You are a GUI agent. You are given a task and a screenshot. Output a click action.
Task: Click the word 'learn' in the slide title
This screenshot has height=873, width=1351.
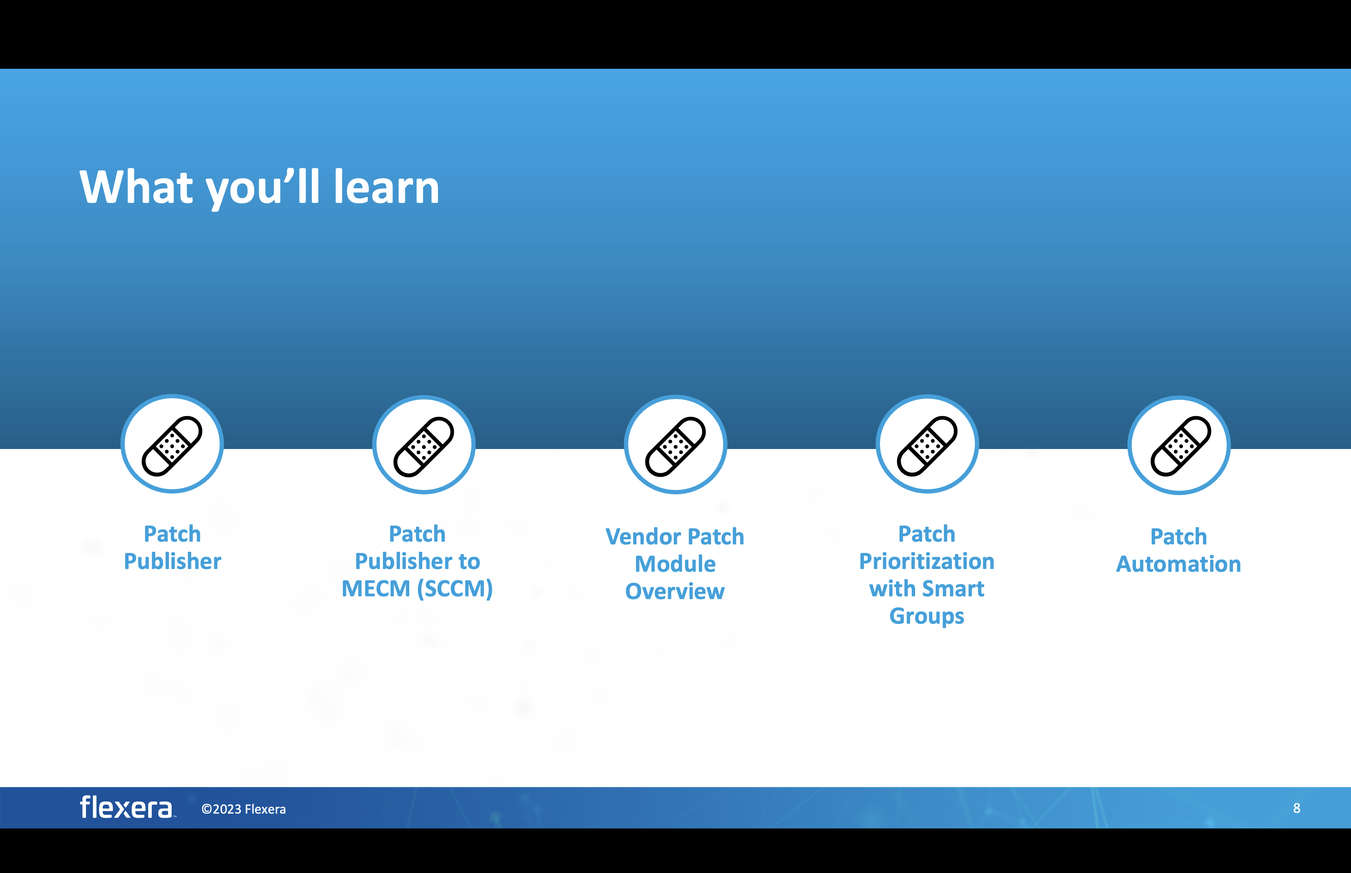click(386, 187)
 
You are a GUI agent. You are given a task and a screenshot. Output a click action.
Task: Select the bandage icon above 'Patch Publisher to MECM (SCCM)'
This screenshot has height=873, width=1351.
click(423, 445)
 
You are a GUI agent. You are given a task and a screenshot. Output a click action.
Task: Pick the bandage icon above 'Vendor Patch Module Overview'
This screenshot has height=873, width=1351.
click(675, 445)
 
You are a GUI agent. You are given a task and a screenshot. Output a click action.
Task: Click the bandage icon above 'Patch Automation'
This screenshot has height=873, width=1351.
click(1179, 445)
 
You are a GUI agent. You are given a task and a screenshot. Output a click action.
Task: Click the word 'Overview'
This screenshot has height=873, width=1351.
click(675, 592)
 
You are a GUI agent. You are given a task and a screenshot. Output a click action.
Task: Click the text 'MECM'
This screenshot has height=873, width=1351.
click(375, 589)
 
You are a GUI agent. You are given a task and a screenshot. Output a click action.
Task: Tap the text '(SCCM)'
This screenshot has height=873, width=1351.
click(455, 589)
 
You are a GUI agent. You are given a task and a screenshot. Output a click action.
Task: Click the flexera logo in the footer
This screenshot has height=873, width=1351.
click(126, 807)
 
